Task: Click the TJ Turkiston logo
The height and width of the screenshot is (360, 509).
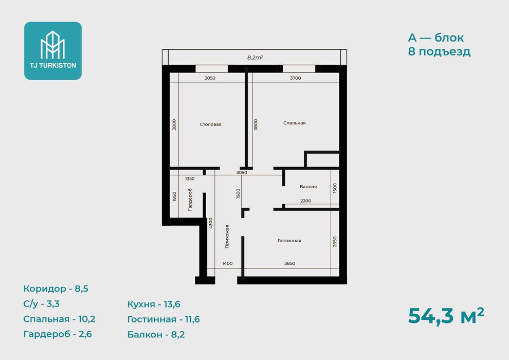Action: coord(53,50)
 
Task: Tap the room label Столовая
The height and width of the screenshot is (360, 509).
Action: coord(211,124)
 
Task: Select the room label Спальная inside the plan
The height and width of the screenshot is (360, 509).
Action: coord(295,123)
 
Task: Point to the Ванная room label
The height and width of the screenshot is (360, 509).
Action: coord(308,187)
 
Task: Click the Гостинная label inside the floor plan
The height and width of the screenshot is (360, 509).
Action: coord(289,241)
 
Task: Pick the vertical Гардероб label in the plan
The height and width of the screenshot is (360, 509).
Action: coord(190,200)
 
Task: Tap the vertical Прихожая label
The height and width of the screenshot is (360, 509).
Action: coord(227,237)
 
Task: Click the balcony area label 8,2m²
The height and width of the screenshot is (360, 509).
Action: coord(255,58)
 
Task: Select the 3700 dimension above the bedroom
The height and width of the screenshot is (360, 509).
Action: coord(296,78)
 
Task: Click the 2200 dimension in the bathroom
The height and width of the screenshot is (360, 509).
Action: coord(306,201)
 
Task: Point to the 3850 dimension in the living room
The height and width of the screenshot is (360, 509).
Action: coord(290,263)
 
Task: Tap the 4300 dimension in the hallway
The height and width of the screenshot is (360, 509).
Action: coord(211,223)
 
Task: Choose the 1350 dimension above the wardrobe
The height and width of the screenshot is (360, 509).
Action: coord(190,178)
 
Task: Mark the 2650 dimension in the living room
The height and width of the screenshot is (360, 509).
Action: coord(335,242)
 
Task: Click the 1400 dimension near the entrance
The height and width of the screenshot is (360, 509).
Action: coord(227,263)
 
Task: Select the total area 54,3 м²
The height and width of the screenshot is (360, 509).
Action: coord(446,316)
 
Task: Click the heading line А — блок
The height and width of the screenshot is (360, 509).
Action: coord(436,38)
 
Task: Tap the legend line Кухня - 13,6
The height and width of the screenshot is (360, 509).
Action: coord(154,304)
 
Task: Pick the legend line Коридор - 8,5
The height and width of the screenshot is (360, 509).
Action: coord(56,289)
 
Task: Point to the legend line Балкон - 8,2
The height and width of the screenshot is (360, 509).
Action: coord(156,334)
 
